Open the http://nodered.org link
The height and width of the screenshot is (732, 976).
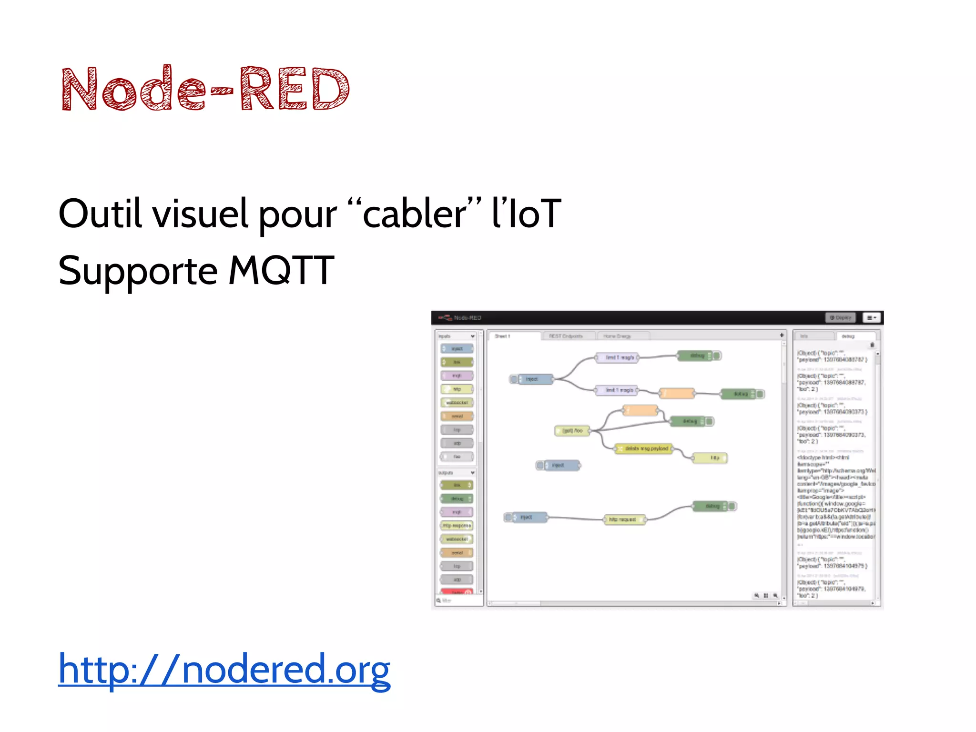[x=224, y=669]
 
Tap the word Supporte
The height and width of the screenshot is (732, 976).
[x=138, y=271]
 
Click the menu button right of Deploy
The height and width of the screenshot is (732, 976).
[x=871, y=317]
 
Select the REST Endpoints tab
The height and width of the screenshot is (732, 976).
[x=566, y=336]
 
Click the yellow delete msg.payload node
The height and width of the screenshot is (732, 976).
[x=644, y=448]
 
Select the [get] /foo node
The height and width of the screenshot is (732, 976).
[x=572, y=431]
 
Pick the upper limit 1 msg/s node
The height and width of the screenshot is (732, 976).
[x=618, y=357]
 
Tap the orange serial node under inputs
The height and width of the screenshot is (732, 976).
[x=457, y=416]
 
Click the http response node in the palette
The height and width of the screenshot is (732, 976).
[x=457, y=526]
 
